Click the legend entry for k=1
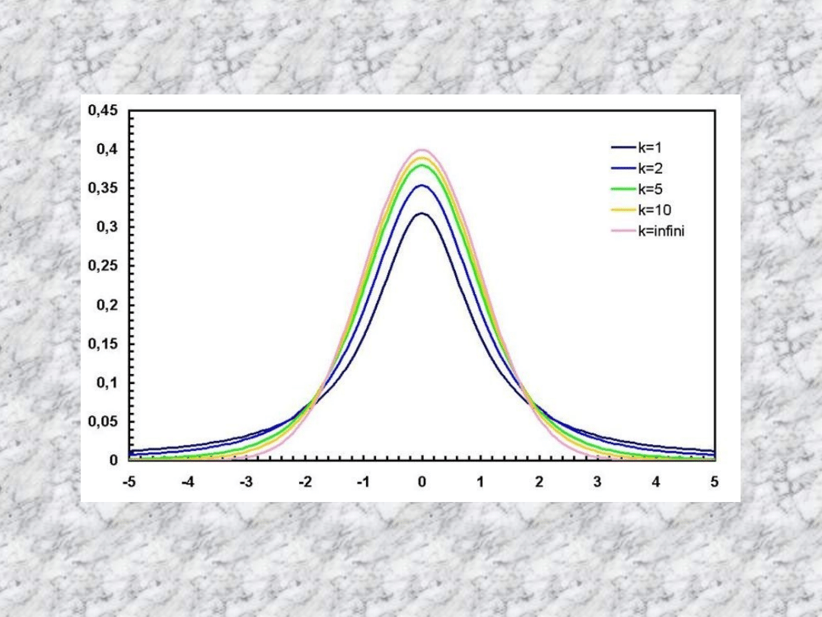coord(651,149)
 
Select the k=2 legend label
coord(651,170)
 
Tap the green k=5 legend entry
coord(651,190)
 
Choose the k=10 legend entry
coord(654,210)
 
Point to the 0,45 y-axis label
coord(103,110)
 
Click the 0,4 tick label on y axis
coord(107,149)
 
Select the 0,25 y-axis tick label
coord(103,266)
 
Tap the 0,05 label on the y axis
coord(103,421)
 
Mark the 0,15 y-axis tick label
coord(103,344)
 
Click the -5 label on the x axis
coord(129,482)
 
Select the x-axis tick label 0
coord(422,482)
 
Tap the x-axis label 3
coord(597,482)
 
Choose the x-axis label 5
coord(715,482)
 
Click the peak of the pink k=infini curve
coord(422,150)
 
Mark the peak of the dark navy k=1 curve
coord(422,213)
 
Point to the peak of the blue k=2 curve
coord(422,185)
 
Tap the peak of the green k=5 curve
coord(422,165)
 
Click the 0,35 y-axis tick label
coord(103,188)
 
